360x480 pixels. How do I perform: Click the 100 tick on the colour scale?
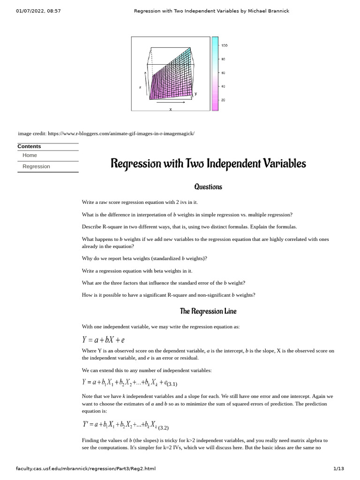(224, 45)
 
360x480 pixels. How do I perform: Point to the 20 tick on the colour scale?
(223, 100)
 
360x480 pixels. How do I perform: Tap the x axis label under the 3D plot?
(171, 109)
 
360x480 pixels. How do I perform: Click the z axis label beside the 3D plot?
(140, 87)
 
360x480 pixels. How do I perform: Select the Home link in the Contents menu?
(30, 155)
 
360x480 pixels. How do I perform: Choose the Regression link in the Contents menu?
(36, 166)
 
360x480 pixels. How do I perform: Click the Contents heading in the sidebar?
(29, 146)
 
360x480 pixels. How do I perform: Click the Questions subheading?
(208, 187)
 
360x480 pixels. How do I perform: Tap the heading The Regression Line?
(208, 311)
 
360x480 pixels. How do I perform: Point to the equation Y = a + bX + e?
(103, 340)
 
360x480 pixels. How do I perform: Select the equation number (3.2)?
(163, 427)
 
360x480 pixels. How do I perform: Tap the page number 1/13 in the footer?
(338, 468)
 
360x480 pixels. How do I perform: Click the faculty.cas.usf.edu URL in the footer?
(85, 468)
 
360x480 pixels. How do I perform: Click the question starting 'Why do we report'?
(144, 258)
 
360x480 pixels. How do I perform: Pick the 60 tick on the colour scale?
(223, 73)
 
